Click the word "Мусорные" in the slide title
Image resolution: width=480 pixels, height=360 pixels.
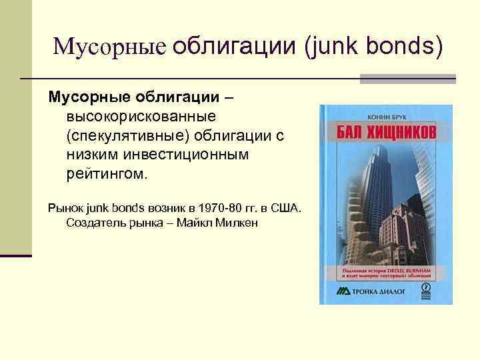109,46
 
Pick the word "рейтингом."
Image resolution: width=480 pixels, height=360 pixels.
109,174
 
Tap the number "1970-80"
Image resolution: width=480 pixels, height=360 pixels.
208,208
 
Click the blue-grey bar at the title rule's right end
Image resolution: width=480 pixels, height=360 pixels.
407,79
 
